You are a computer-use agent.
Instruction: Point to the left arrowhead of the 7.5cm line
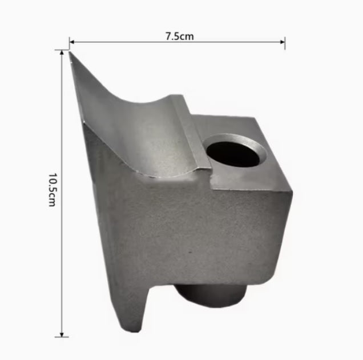point(72,41)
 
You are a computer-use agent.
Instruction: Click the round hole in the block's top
point(235,151)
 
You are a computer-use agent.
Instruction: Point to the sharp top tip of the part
point(71,53)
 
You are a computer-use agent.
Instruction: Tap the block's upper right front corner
point(292,192)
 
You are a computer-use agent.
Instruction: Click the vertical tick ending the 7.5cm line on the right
point(285,42)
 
